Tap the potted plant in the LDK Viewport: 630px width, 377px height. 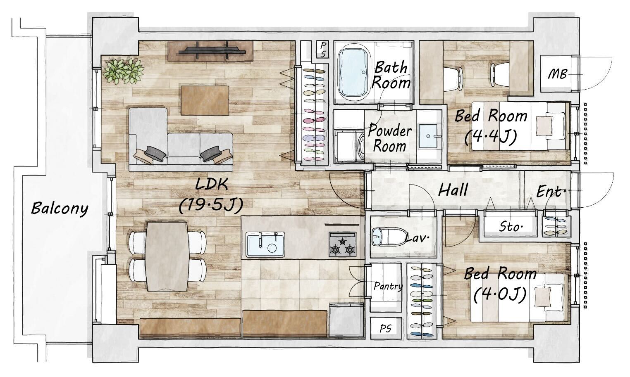(x=123, y=71)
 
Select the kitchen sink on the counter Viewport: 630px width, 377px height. (x=265, y=244)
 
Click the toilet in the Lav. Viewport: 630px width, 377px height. (x=390, y=237)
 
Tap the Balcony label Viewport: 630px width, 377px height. (x=60, y=209)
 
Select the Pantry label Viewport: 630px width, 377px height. (x=388, y=286)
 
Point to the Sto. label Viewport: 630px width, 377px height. (x=511, y=226)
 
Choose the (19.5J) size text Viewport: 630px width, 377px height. (x=211, y=205)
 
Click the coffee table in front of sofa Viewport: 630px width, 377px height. (x=205, y=101)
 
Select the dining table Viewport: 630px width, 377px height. (x=167, y=256)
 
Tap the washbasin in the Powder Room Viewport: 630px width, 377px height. (x=428, y=136)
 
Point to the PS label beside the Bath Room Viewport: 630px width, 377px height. (x=323, y=50)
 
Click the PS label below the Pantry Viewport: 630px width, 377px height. (x=385, y=328)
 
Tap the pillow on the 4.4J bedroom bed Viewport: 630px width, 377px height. (x=544, y=126)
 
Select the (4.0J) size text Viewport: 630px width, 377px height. (x=500, y=295)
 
